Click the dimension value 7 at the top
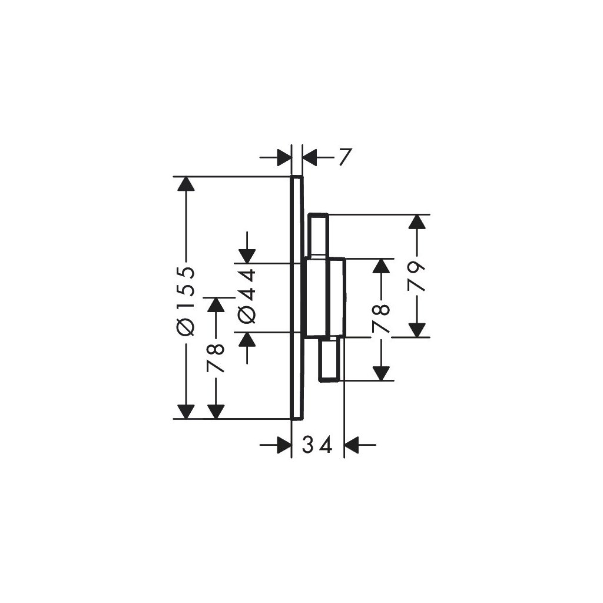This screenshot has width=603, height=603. [344, 157]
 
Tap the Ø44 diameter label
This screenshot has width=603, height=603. [247, 296]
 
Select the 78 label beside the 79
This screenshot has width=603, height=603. [382, 319]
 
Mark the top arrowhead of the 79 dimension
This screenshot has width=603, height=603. [418, 221]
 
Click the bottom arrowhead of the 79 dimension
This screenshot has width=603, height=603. [418, 330]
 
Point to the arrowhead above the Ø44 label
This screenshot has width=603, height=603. [247, 255]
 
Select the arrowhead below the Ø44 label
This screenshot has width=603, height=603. [247, 339]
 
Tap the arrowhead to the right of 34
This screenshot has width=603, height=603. [352, 446]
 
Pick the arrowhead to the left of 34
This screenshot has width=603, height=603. [284, 446]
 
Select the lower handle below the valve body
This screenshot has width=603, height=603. [330, 359]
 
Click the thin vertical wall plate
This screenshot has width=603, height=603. [297, 297]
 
